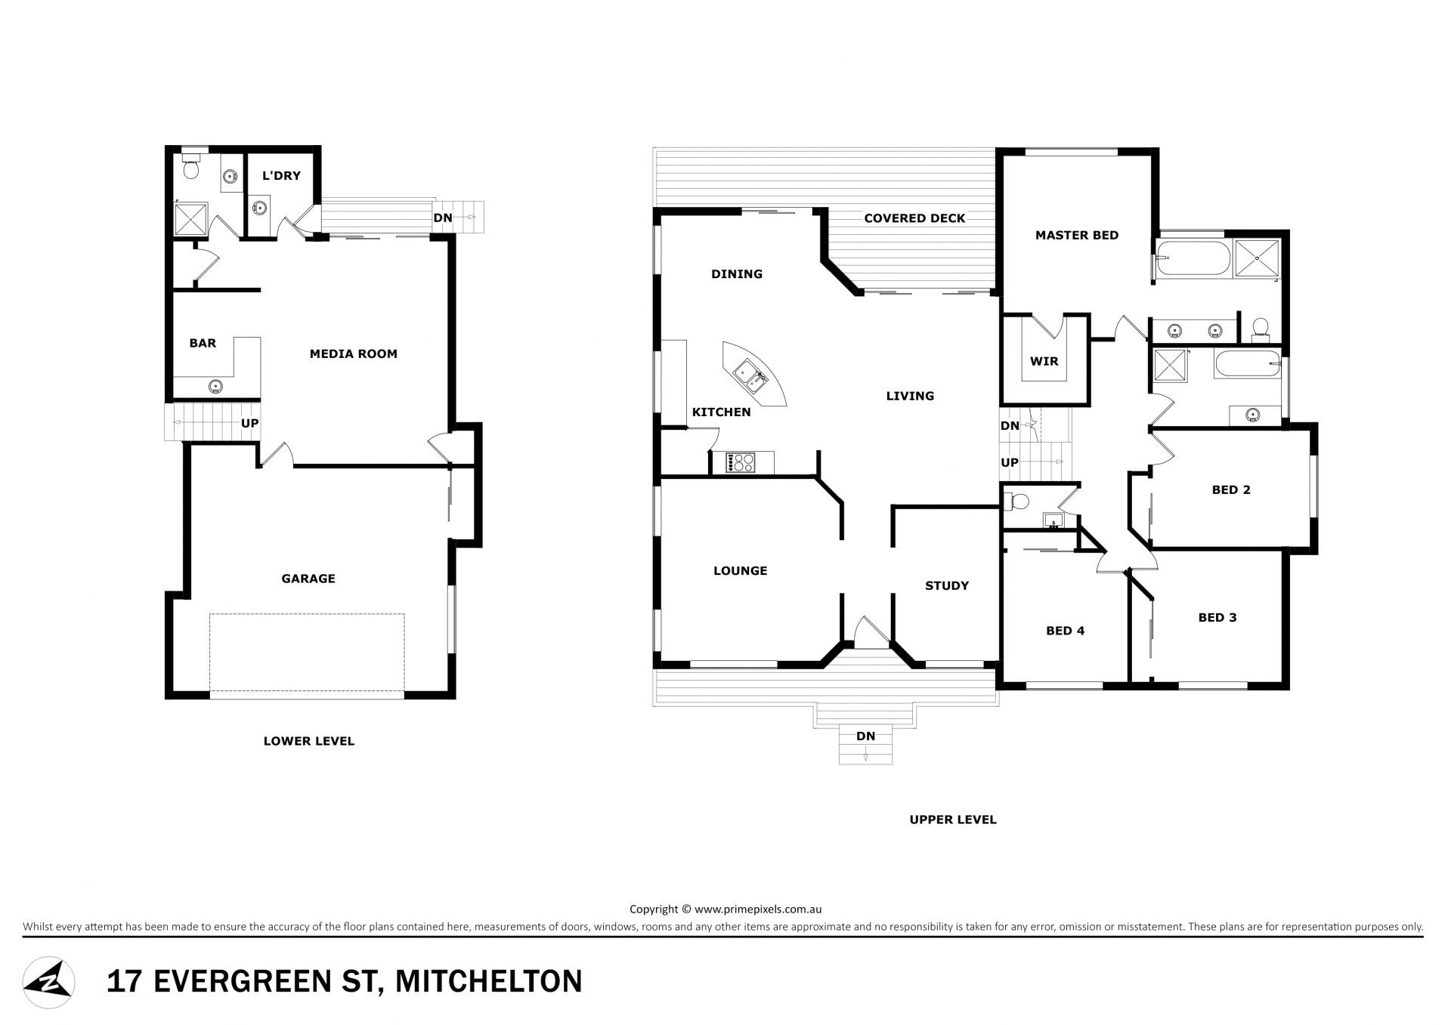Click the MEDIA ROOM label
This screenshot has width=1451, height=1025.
(x=353, y=354)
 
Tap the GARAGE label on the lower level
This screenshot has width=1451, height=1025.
(x=308, y=579)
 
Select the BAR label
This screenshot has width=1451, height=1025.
(x=203, y=343)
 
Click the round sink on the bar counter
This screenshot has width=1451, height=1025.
(x=216, y=387)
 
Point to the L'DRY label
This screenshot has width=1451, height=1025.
(x=281, y=175)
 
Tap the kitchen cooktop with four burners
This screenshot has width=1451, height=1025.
(x=739, y=462)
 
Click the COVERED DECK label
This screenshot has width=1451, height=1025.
(x=914, y=218)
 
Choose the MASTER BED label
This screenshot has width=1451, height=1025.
(x=1077, y=235)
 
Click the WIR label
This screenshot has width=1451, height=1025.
(x=1044, y=361)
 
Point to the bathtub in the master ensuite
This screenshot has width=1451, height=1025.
(x=1192, y=259)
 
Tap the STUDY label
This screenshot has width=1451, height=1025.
(x=947, y=585)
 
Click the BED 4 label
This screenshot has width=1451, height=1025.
(x=1066, y=631)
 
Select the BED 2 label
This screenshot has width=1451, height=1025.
(x=1231, y=489)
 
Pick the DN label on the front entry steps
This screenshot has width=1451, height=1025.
(x=866, y=736)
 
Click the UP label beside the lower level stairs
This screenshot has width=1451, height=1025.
(x=249, y=423)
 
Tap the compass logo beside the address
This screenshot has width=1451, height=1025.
(x=48, y=982)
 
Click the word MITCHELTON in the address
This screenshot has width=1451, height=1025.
(x=489, y=981)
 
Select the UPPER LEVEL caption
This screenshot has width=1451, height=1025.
(x=953, y=820)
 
